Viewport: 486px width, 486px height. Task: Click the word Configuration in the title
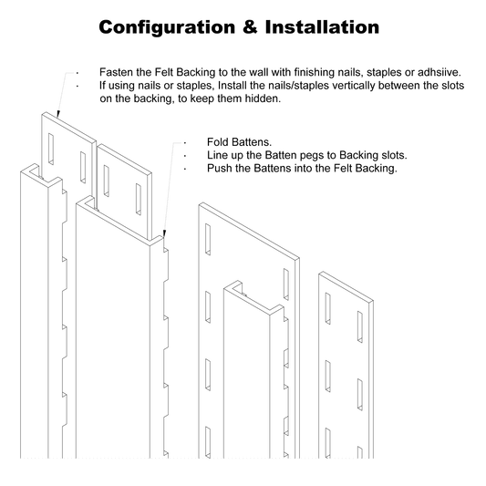coord(167,27)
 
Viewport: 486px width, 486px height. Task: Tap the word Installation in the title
coord(322,26)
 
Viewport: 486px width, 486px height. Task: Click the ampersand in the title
coord(250,26)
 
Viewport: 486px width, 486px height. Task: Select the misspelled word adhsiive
coord(439,72)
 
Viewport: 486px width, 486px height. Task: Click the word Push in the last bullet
coord(218,169)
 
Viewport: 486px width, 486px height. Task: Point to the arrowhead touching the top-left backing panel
coord(57,114)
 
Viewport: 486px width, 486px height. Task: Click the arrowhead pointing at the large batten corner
coord(164,233)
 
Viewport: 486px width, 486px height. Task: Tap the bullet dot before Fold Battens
coord(185,143)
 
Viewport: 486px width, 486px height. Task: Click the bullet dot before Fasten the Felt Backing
coord(78,73)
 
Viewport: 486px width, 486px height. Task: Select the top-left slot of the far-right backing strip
coord(327,308)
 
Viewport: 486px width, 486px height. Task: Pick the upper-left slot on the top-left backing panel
coord(51,150)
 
